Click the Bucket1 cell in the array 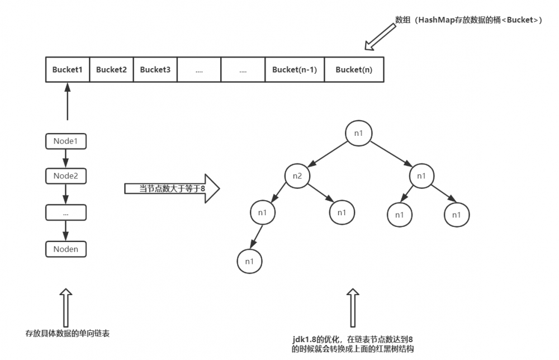[x=68, y=70]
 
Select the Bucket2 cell [x=111, y=70]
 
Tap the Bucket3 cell [x=155, y=70]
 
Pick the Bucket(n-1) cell [x=295, y=70]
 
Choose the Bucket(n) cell [x=354, y=70]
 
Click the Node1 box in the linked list [x=66, y=141]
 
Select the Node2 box [x=66, y=177]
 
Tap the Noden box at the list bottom [x=66, y=249]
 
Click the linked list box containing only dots [x=66, y=213]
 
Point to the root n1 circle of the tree [x=359, y=133]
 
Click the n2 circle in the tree [x=297, y=176]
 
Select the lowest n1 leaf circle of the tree [x=249, y=261]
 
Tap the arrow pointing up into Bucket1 [x=67, y=101]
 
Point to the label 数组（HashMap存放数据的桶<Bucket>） [x=465, y=20]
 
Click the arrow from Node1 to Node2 [x=66, y=158]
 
